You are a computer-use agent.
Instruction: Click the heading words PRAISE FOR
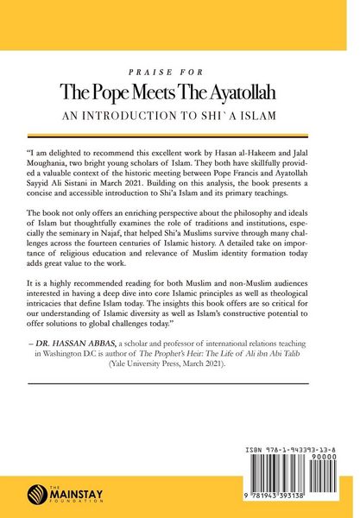180,73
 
